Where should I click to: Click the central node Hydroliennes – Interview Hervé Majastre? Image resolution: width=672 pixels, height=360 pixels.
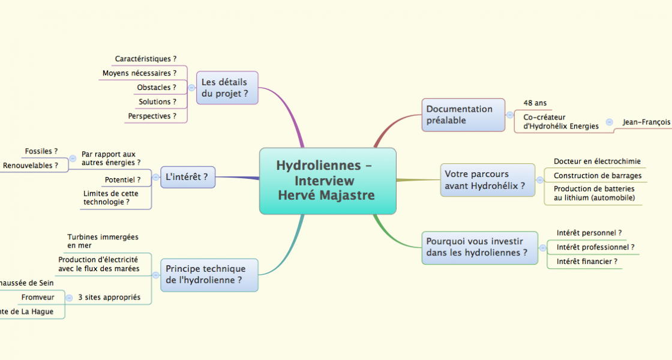[328, 181]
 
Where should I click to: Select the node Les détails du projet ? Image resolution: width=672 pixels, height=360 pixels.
[227, 88]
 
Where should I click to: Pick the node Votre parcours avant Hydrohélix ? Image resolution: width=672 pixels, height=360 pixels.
[487, 180]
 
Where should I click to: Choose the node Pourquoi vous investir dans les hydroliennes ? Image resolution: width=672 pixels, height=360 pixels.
[479, 247]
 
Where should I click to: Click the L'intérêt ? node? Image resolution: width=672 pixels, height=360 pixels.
[187, 177]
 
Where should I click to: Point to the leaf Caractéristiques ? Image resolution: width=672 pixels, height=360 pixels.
[146, 59]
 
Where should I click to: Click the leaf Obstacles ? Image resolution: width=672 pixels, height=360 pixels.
[157, 88]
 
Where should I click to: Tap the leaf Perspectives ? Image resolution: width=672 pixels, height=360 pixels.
[152, 116]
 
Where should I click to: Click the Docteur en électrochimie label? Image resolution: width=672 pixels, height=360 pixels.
[597, 161]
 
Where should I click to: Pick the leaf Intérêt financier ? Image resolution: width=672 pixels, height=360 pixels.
[587, 262]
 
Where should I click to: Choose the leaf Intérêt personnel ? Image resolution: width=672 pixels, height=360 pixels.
[589, 233]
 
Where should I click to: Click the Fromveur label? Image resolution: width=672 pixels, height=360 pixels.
[38, 298]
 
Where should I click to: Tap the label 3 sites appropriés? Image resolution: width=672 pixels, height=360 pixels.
[109, 298]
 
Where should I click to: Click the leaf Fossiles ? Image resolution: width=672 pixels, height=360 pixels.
[41, 151]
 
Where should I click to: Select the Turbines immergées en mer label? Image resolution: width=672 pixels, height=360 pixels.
[103, 241]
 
